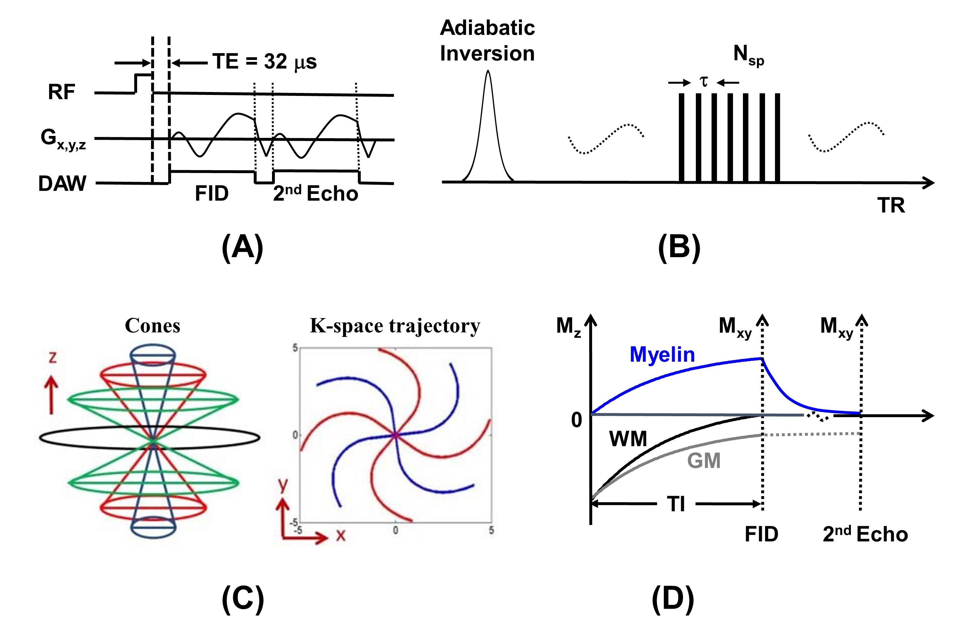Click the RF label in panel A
[61, 92]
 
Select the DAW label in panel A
[62, 183]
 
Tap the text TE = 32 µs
[265, 62]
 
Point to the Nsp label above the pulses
[748, 55]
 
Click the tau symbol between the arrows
[703, 82]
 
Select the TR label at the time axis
[891, 205]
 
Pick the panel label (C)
[243, 600]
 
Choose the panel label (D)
[673, 600]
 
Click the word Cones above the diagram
[152, 326]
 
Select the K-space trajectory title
[395, 326]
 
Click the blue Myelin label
[662, 354]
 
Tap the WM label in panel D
[628, 439]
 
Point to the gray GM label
[704, 460]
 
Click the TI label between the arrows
[676, 504]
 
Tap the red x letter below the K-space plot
[341, 535]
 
